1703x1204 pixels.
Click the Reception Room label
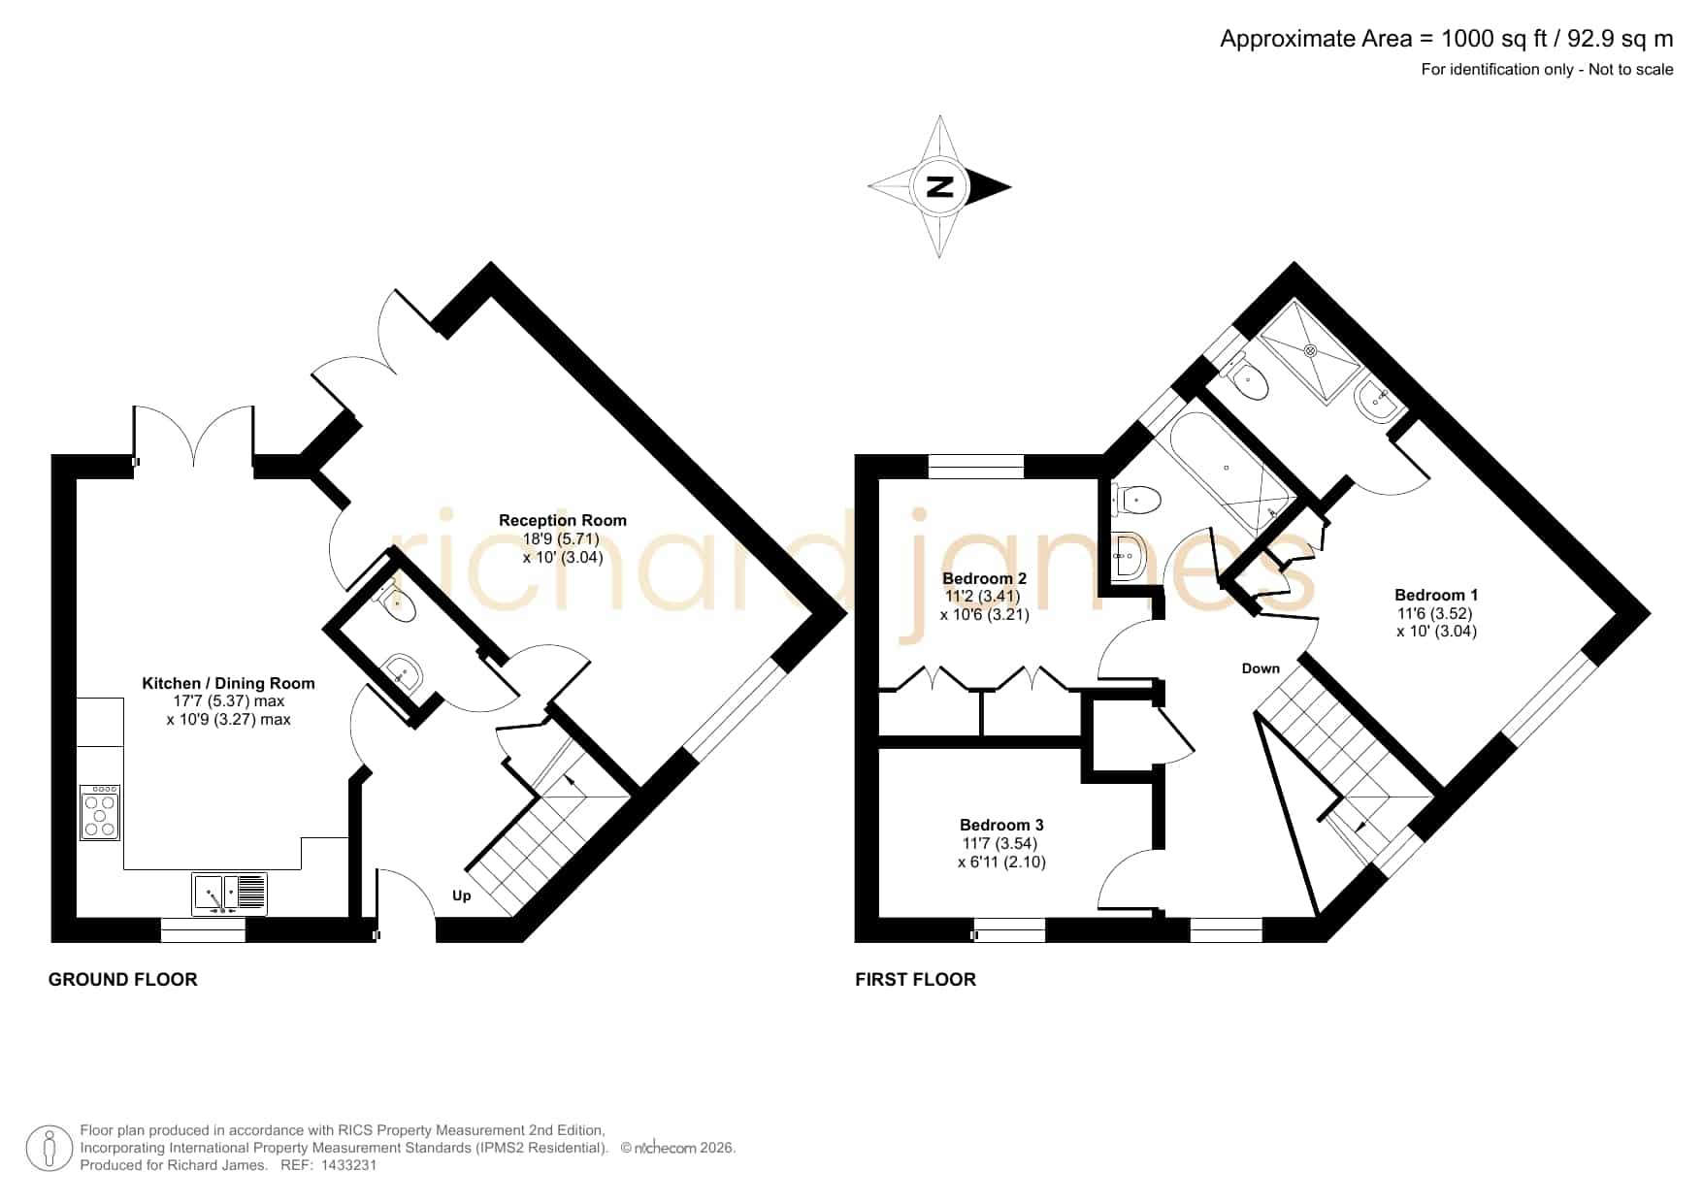(x=563, y=520)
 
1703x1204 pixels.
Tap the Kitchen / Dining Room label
(x=228, y=683)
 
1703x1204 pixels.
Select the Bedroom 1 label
(x=1436, y=595)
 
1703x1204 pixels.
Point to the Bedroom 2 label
(x=984, y=578)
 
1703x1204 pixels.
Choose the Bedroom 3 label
(x=1001, y=825)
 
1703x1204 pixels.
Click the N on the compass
(x=939, y=186)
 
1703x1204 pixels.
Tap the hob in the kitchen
(x=100, y=812)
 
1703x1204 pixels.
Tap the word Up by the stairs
(x=462, y=895)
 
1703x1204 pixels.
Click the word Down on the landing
(x=1261, y=668)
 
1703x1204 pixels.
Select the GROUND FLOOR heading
(x=123, y=980)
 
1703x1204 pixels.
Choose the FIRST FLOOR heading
(x=915, y=980)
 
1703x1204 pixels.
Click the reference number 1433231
(x=348, y=1165)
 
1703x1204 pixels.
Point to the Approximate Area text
(x=1447, y=39)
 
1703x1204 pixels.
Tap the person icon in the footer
(x=49, y=1149)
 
